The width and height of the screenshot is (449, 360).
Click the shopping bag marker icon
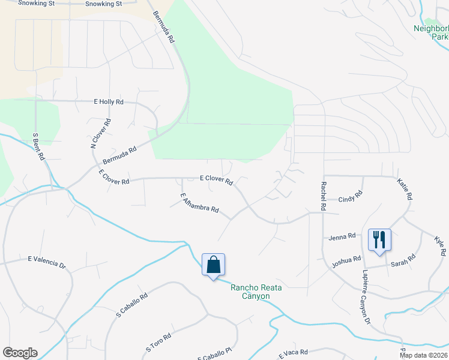click(x=213, y=265)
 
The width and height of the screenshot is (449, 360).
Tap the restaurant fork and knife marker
click(x=379, y=240)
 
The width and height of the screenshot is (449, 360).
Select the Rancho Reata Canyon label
click(x=250, y=292)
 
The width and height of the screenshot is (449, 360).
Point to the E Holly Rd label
click(x=109, y=102)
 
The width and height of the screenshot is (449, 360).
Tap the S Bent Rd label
click(x=38, y=146)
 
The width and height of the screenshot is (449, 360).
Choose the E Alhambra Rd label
click(x=199, y=205)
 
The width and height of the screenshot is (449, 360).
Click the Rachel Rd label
click(x=323, y=195)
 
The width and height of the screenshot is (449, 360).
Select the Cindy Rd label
click(x=351, y=198)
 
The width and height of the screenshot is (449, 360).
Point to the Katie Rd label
click(x=405, y=188)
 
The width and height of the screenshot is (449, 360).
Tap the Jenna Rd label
click(x=343, y=238)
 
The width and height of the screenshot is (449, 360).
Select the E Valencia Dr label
click(x=46, y=262)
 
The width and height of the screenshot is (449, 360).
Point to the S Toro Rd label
click(x=159, y=342)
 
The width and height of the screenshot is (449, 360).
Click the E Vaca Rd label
click(x=293, y=353)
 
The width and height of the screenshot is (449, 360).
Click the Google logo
click(x=20, y=353)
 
